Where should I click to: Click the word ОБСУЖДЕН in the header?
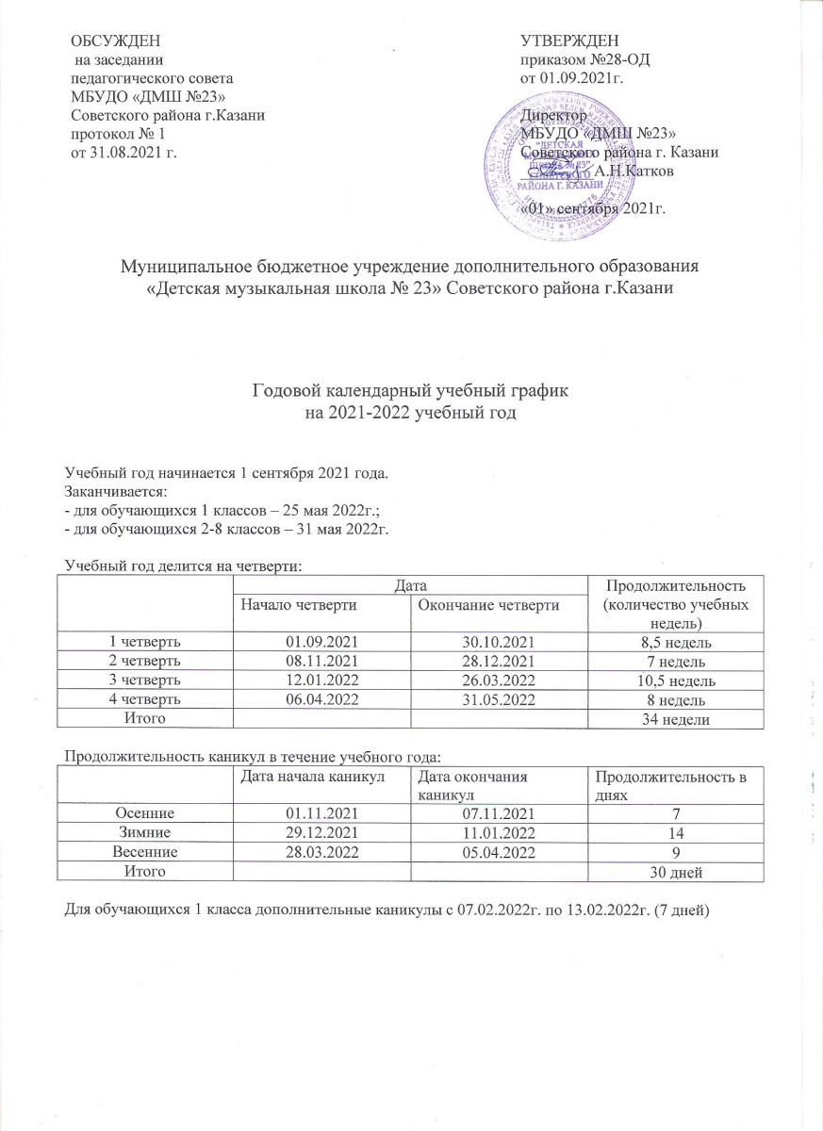(116, 39)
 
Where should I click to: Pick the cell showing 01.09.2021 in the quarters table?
(322, 642)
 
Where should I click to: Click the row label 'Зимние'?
(144, 832)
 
